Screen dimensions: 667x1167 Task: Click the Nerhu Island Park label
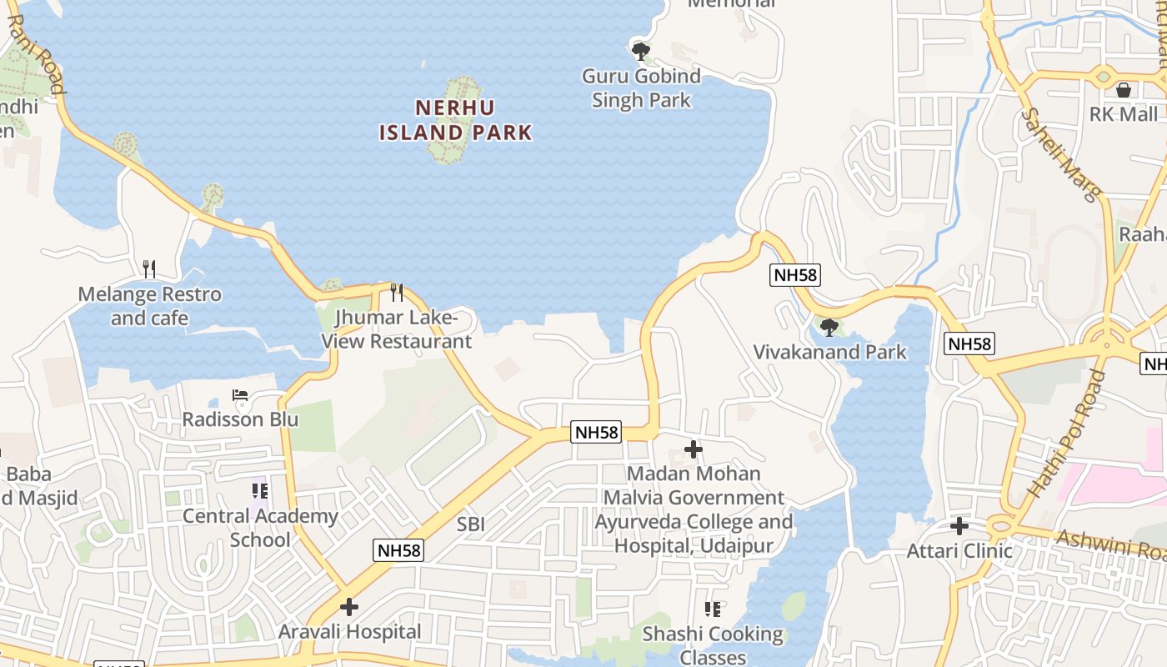click(455, 120)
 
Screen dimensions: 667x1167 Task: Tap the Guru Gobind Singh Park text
click(641, 88)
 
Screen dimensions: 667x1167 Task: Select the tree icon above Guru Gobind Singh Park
click(640, 52)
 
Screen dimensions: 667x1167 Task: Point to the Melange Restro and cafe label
click(150, 306)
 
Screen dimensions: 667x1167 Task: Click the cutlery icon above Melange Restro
click(149, 268)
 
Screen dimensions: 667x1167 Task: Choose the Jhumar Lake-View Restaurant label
click(397, 329)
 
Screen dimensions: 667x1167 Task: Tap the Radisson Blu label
click(240, 419)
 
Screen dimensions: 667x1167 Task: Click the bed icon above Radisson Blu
click(240, 394)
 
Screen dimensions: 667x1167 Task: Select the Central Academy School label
click(260, 528)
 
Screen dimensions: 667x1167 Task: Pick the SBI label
click(471, 524)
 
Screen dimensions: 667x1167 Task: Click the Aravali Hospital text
click(349, 631)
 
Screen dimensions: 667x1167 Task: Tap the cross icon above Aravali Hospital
click(349, 606)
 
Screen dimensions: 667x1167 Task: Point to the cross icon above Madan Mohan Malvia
click(693, 449)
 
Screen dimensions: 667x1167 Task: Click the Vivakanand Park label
click(829, 352)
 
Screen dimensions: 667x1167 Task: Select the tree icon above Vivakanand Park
click(829, 327)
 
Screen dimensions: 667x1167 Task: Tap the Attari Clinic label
click(959, 551)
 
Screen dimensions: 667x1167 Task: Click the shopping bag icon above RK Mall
click(1124, 89)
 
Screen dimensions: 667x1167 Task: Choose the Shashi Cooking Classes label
click(713, 645)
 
